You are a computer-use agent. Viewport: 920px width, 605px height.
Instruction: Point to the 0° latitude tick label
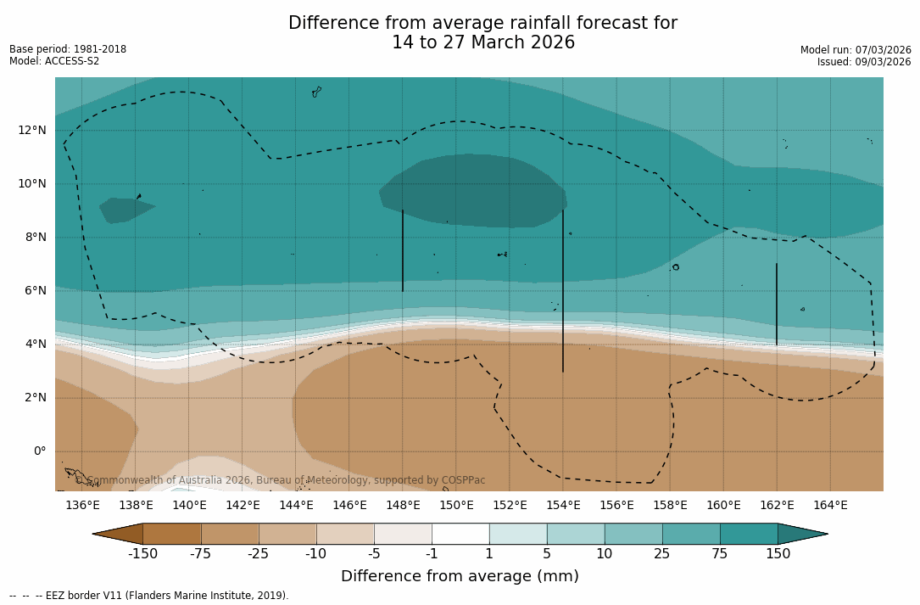point(39,451)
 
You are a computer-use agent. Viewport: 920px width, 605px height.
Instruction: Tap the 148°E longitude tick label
point(403,505)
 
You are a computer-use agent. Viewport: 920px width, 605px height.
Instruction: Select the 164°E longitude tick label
point(830,505)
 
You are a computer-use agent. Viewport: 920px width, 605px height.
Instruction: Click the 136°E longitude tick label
point(82,505)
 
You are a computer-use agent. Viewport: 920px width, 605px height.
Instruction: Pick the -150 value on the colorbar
point(142,554)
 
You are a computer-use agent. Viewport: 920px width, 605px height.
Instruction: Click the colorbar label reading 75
point(720,554)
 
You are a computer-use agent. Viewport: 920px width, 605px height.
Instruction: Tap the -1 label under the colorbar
point(432,554)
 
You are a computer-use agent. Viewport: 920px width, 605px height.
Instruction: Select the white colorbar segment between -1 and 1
point(460,534)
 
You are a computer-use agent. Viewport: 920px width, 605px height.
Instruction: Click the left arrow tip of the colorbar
point(95,534)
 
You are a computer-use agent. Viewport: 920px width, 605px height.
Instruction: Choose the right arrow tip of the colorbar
point(825,534)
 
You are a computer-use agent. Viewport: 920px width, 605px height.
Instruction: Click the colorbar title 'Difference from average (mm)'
point(460,577)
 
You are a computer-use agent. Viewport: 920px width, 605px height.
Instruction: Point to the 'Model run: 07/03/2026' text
point(856,50)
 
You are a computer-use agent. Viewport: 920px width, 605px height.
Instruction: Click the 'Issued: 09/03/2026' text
point(864,62)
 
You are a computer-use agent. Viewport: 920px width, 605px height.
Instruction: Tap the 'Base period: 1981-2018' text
point(68,49)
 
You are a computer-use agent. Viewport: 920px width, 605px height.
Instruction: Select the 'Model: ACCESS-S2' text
point(54,61)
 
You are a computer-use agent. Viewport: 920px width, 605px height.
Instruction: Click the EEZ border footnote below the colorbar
point(149,596)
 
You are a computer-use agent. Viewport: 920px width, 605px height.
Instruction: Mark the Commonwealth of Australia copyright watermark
point(281,480)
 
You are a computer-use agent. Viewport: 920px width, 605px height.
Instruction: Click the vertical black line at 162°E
point(777,304)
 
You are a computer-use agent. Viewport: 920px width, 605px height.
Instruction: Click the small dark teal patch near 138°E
point(125,208)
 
